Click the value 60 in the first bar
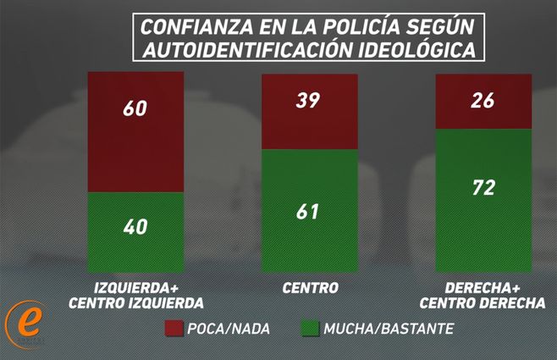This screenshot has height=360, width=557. [136, 108]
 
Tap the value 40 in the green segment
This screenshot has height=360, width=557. [136, 227]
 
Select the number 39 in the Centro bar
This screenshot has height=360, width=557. [309, 101]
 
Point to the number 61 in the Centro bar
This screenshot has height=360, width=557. [309, 211]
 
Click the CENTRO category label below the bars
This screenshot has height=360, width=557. [310, 288]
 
